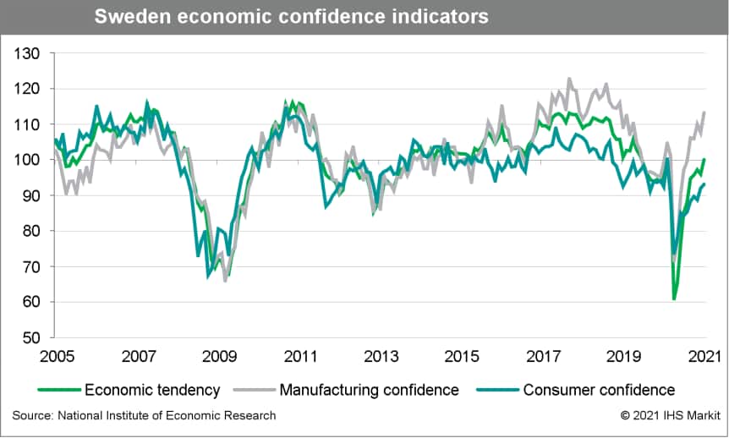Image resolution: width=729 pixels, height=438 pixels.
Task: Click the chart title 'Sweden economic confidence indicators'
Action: point(291,17)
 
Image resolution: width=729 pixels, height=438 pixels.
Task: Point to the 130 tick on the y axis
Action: point(28,53)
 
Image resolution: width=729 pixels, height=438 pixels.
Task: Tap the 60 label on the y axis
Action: point(31,302)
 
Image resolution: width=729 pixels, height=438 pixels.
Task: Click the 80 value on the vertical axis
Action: point(31,231)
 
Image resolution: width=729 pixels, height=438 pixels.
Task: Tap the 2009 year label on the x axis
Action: point(217,355)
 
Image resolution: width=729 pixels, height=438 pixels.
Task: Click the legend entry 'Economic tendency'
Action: point(152,390)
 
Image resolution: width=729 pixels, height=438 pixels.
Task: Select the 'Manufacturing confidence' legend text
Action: point(369,390)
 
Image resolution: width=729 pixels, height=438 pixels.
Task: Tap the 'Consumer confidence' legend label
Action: point(599,390)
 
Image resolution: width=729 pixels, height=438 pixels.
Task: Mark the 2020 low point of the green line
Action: point(674,298)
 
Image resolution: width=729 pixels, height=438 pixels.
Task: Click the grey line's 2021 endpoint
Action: point(704,112)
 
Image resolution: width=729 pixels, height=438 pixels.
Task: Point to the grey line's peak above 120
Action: point(568,79)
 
